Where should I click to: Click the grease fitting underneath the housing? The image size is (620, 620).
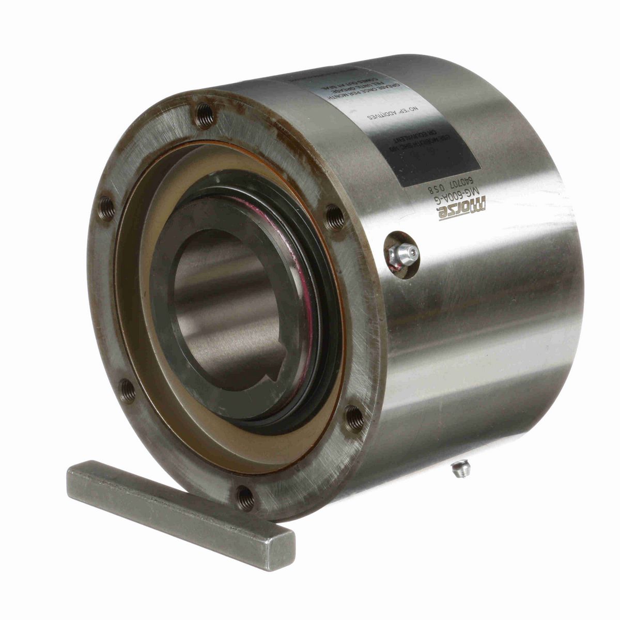(x=459, y=469)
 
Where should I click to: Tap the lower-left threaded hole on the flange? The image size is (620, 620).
(x=127, y=389)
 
